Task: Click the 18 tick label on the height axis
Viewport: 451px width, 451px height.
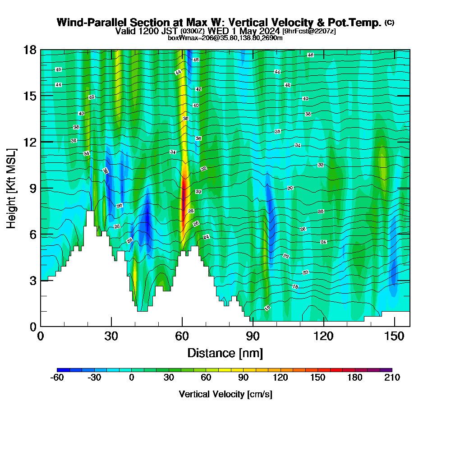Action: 30,50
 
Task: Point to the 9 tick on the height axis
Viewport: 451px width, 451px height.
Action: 41,188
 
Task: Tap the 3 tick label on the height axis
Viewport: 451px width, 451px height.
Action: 32,281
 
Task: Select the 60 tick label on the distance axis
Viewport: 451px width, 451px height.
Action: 182,336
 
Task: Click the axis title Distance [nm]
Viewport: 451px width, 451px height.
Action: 225,353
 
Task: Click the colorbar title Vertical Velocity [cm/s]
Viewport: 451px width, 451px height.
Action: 225,394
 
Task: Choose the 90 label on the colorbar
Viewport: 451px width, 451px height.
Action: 243,378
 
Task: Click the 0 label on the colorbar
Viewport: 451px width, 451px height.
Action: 131,378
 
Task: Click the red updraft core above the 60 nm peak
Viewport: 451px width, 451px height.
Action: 183,194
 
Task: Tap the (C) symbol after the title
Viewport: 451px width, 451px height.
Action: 389,22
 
